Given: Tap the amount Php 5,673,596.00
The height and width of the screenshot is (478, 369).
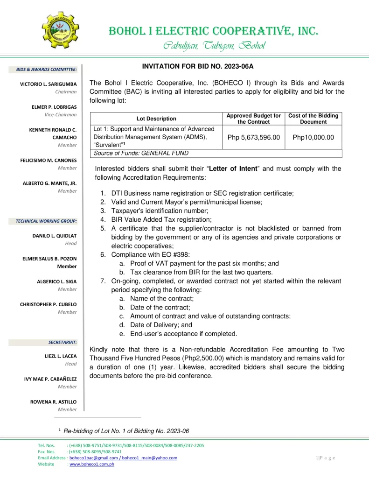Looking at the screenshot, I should tap(253, 137).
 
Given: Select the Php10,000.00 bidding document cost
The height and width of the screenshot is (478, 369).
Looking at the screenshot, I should tap(313, 137).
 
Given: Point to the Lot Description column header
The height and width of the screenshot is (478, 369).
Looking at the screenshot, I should tap(156, 119).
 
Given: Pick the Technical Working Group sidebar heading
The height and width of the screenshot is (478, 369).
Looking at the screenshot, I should tap(46, 221).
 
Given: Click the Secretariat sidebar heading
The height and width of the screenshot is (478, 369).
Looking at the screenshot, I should tap(63, 342).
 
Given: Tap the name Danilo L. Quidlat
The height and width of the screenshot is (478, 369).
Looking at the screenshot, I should tap(54, 236).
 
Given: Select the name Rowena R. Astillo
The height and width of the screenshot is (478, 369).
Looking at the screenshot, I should tap(54, 402).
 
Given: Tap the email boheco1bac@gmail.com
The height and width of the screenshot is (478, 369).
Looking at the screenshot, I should tap(92, 458).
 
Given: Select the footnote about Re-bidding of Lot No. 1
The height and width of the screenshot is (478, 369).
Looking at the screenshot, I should tap(126, 430).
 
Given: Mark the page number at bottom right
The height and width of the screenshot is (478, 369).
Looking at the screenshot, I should tap(325, 458).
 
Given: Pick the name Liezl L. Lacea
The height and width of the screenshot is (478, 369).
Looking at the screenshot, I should tap(60, 356).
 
